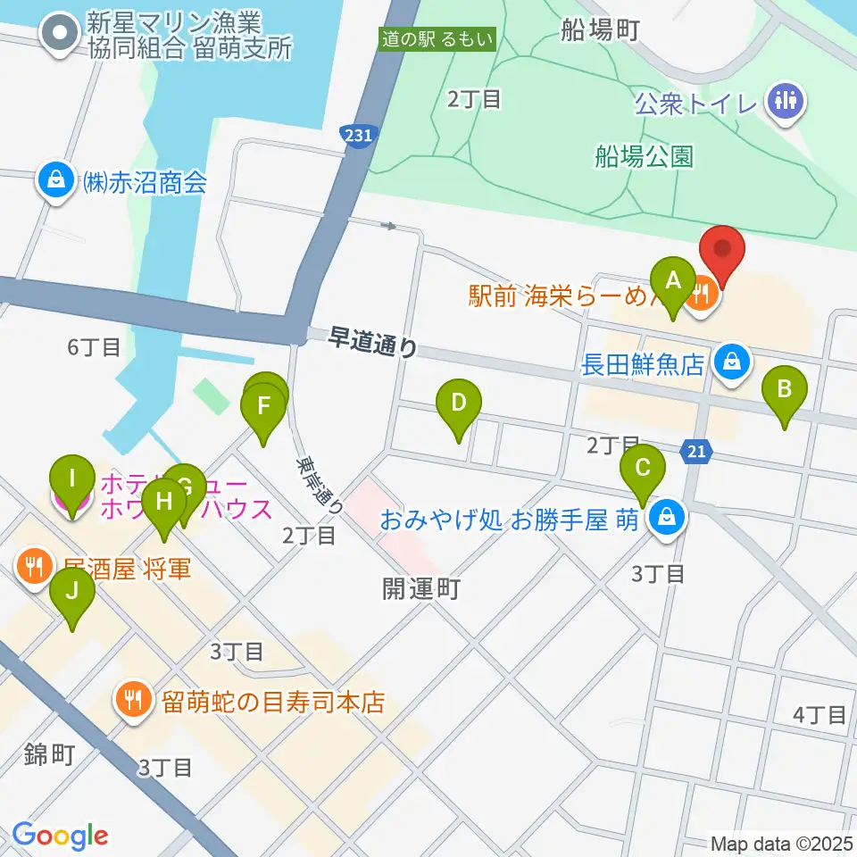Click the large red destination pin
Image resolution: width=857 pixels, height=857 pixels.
[x=721, y=253]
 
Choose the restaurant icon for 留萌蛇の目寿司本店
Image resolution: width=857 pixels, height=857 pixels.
[x=134, y=699]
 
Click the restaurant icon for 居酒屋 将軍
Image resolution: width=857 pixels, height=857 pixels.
[x=34, y=567]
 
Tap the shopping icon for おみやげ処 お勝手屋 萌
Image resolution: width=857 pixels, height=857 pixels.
[x=665, y=518]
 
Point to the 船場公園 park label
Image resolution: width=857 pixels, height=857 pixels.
[x=644, y=157]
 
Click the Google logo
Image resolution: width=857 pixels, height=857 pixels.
[x=60, y=836]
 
